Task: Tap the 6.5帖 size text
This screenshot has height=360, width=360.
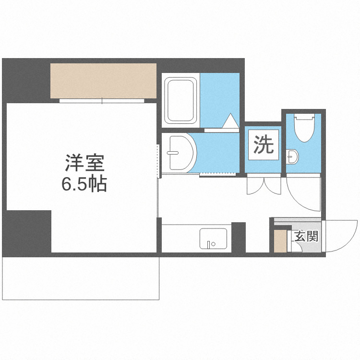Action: coord(84,184)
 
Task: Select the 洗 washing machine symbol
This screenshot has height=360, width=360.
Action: coord(263,145)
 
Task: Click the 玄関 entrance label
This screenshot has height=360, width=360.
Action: coord(306,236)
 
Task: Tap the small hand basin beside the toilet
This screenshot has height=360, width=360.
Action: coord(292,156)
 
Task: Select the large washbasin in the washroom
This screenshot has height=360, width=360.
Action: coord(180,152)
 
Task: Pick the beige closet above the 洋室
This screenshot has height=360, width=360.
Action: coord(104,80)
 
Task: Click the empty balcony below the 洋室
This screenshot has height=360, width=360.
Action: coord(81,278)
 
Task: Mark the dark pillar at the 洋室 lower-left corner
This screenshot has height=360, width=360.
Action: coord(27,231)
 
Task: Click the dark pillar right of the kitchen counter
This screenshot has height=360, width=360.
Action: coord(239,237)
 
